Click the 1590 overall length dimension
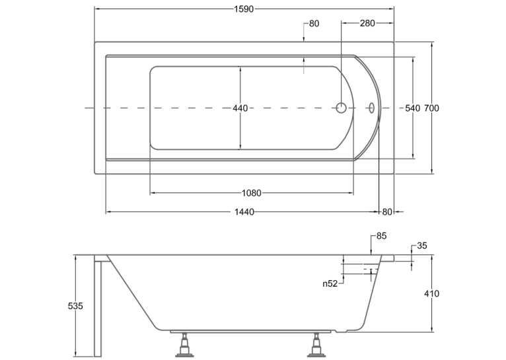pos(244,9)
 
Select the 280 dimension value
pos(367,23)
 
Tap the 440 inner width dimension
pos(240,108)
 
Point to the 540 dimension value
pos(413,108)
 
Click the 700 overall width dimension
pos(431,108)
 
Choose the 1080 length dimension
pos(252,193)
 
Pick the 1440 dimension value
pos(244,211)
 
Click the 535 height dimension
pos(75,305)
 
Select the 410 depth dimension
pos(431,293)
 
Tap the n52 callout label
pos(330,283)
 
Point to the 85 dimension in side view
pos(381,236)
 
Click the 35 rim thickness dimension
pos(422,246)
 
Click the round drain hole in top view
pos(341,108)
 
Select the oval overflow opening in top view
pos(372,108)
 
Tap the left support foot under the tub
pos(184,345)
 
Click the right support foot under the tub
pos(316,345)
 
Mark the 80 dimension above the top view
pos(314,24)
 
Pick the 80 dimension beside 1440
pos(387,211)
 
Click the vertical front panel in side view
pos(98,306)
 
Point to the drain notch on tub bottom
pos(341,331)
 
